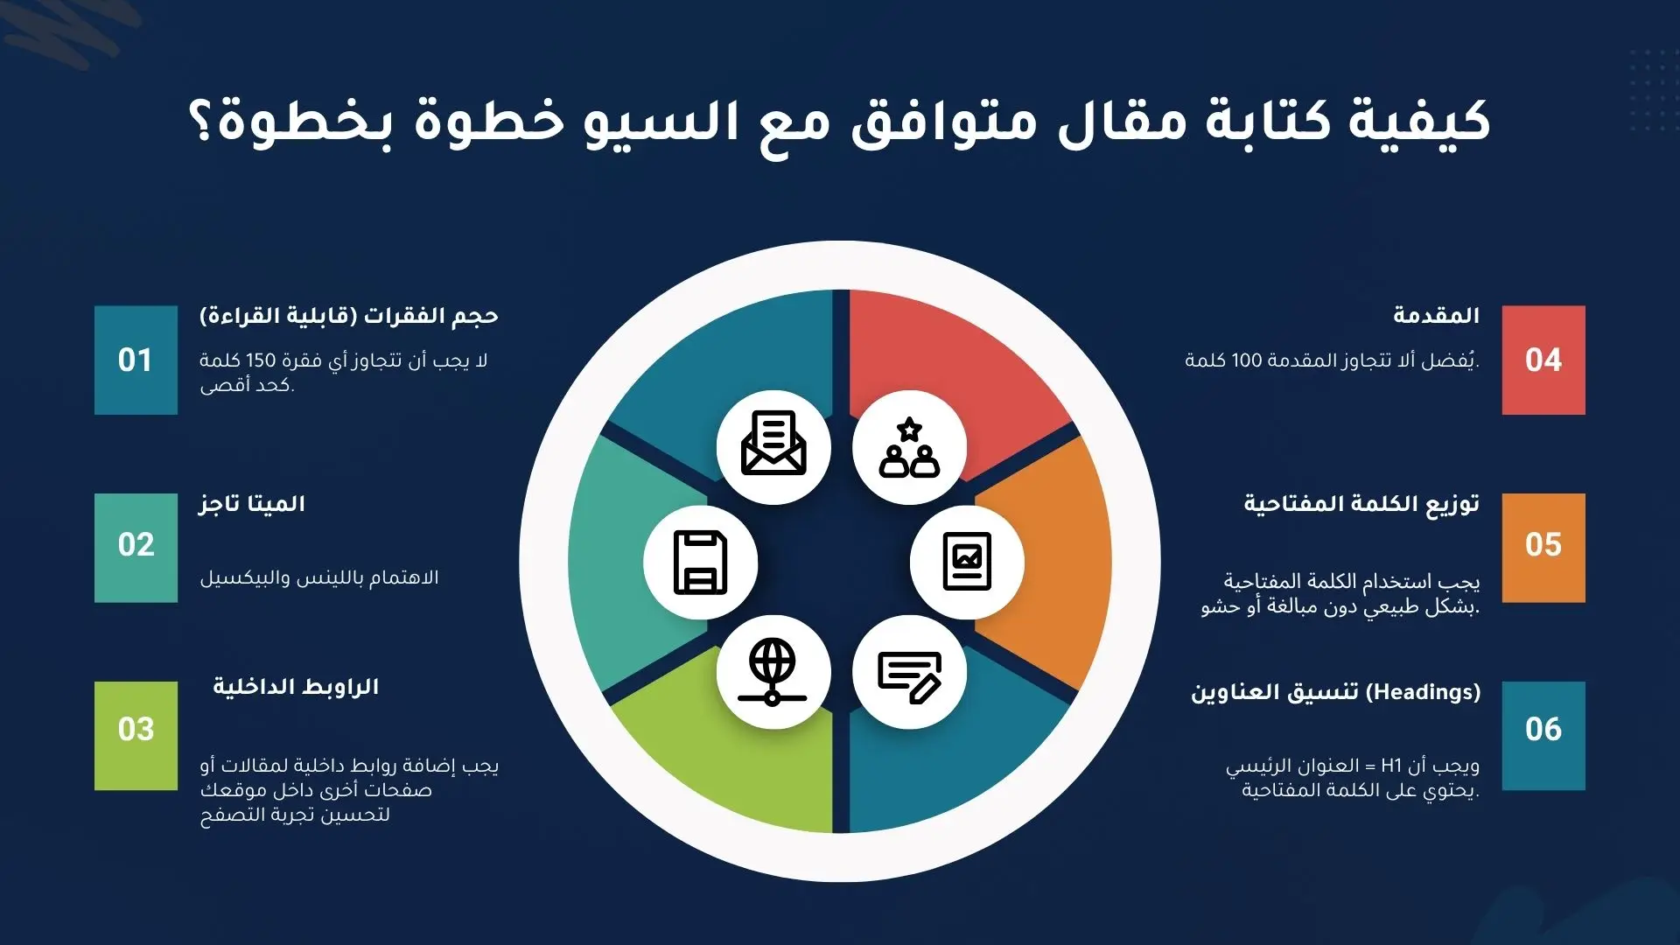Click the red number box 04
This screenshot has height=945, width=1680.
(1543, 360)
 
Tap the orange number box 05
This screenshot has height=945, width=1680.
(1543, 548)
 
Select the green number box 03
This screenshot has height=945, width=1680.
(136, 736)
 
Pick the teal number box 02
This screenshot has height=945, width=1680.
(136, 548)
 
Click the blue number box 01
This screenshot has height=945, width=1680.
(136, 360)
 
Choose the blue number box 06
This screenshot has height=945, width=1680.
(1543, 736)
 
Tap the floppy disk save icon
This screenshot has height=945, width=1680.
(701, 563)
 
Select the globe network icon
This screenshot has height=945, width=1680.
(773, 672)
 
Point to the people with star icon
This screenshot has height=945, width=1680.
(910, 447)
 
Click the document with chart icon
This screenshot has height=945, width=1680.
(967, 561)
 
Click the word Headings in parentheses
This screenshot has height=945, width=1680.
(1423, 691)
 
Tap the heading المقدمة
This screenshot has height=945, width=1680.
(1436, 315)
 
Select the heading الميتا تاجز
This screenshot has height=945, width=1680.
(252, 504)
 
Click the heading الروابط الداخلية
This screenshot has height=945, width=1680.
(296, 687)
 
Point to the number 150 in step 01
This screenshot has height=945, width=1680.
(261, 360)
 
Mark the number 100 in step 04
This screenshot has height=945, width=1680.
(1246, 360)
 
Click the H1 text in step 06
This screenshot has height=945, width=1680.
(1391, 766)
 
